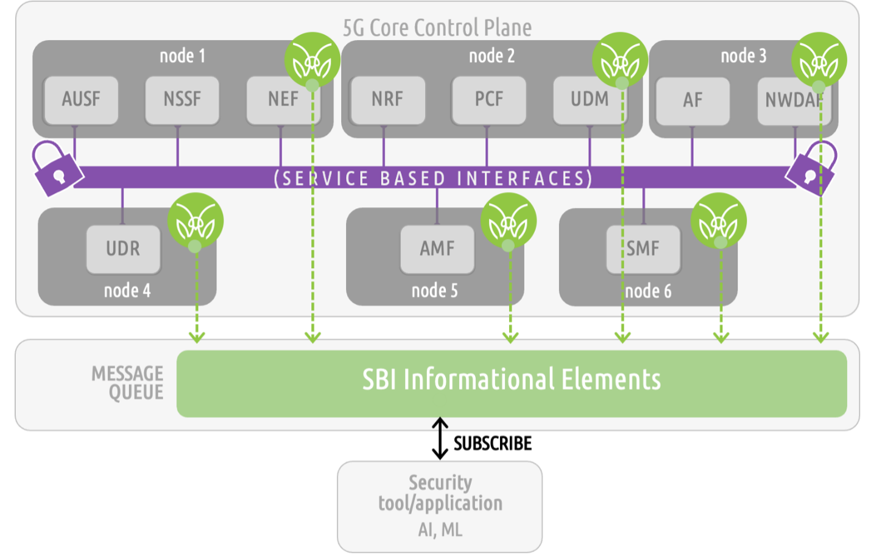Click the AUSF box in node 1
80,99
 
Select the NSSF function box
182,99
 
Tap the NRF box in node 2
387,99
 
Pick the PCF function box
488,99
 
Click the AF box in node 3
692,101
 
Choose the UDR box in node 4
123,249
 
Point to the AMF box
437,249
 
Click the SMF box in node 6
643,249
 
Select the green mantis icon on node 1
312,60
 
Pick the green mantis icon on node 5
509,221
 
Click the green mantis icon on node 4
196,221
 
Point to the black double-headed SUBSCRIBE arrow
440,438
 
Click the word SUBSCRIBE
492,444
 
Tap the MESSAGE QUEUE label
127,383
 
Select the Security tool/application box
440,506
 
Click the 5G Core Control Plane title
437,27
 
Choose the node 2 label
492,56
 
